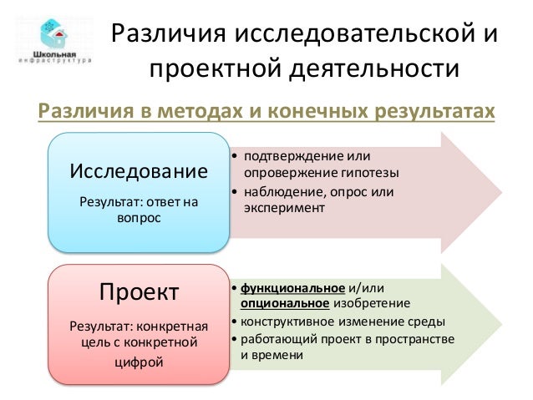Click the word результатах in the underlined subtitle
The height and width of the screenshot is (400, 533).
tap(427, 113)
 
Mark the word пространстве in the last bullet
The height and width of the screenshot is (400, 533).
tap(414, 339)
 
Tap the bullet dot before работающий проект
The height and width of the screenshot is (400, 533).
tap(233, 340)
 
